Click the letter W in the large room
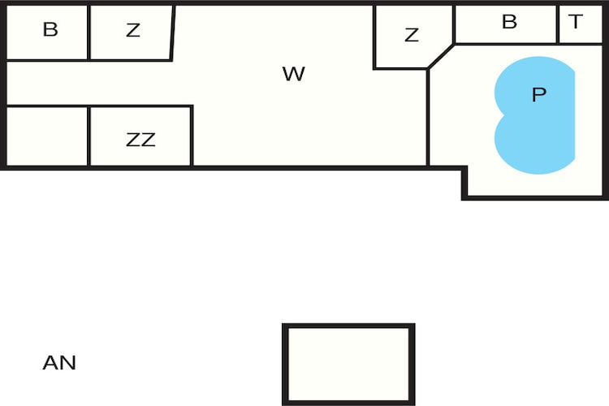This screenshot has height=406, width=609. (x=294, y=74)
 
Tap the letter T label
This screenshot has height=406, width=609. (x=576, y=21)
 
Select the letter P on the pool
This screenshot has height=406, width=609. (x=539, y=94)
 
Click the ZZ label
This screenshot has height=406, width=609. (x=140, y=140)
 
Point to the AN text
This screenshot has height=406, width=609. (x=59, y=363)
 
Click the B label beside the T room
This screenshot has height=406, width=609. (x=509, y=21)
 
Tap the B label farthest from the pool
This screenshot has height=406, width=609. (x=50, y=29)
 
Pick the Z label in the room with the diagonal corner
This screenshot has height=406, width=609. (x=412, y=35)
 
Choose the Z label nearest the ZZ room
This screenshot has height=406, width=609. (x=133, y=30)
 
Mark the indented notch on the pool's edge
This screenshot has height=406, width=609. (x=503, y=115)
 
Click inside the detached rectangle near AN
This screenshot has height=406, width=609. (x=348, y=365)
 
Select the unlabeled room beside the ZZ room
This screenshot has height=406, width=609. (x=47, y=136)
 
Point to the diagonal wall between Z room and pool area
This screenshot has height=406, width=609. (x=440, y=57)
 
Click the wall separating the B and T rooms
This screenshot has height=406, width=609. (x=558, y=24)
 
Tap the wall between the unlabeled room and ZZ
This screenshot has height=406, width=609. (x=89, y=136)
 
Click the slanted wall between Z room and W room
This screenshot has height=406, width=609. (x=173, y=32)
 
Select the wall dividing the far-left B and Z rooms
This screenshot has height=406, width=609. (x=89, y=32)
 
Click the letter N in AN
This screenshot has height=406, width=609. (x=69, y=363)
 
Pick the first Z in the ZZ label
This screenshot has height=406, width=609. (x=133, y=140)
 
